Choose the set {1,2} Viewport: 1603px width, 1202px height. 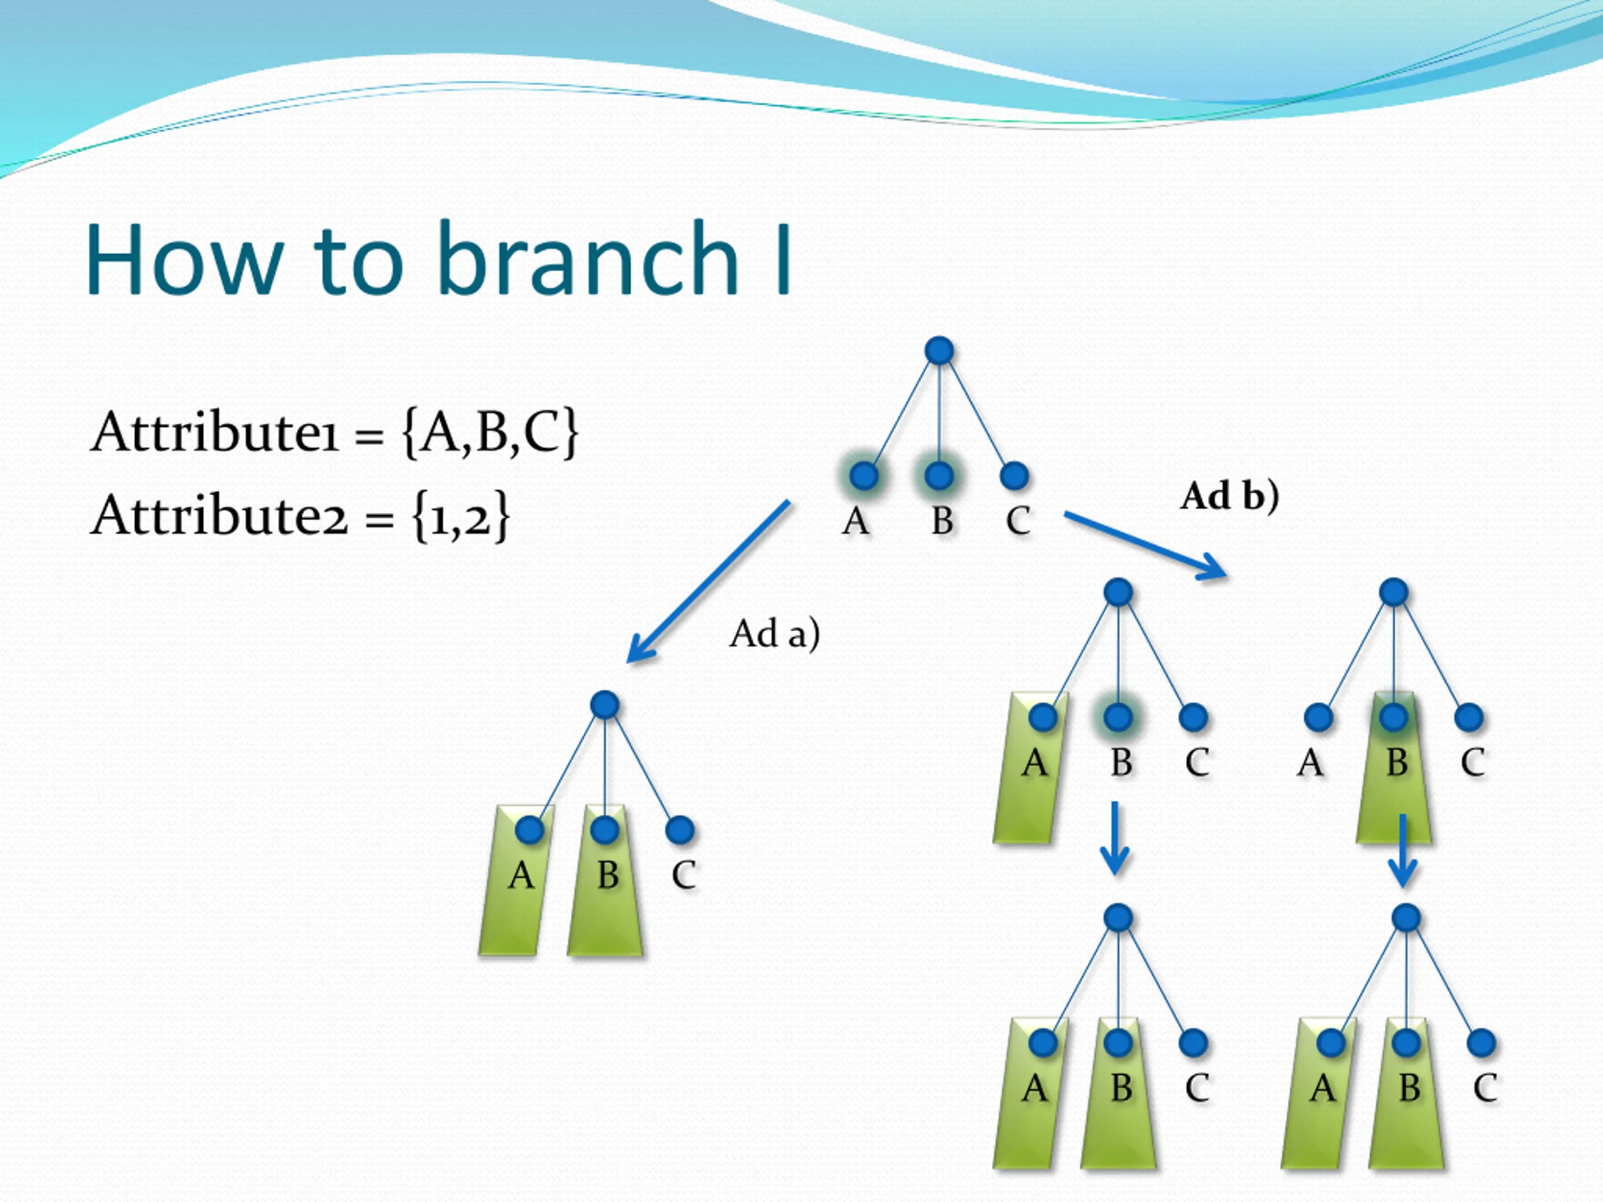(461, 516)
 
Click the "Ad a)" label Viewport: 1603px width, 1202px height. (774, 634)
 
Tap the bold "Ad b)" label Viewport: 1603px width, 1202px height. (1229, 496)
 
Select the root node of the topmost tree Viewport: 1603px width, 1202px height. (939, 351)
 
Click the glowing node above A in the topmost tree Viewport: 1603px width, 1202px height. (864, 476)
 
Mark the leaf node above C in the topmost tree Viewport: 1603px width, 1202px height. (1014, 476)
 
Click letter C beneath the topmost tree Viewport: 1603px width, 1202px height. (1018, 520)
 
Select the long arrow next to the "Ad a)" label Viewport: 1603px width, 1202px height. (708, 581)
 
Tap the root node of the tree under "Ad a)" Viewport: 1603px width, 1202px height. (604, 704)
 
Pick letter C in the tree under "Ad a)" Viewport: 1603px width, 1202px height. (683, 875)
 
